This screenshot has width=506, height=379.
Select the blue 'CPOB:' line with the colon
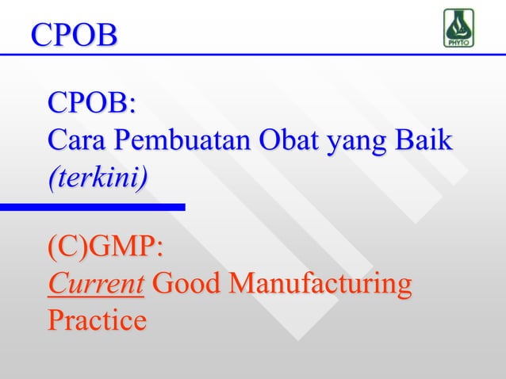(x=91, y=104)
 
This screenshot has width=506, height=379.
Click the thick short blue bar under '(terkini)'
(x=92, y=208)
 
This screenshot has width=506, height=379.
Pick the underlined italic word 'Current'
(x=96, y=284)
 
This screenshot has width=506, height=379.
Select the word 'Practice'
(x=97, y=320)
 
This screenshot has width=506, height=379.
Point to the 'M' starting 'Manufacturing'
(x=243, y=284)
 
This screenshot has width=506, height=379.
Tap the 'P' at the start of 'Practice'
(x=56, y=320)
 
